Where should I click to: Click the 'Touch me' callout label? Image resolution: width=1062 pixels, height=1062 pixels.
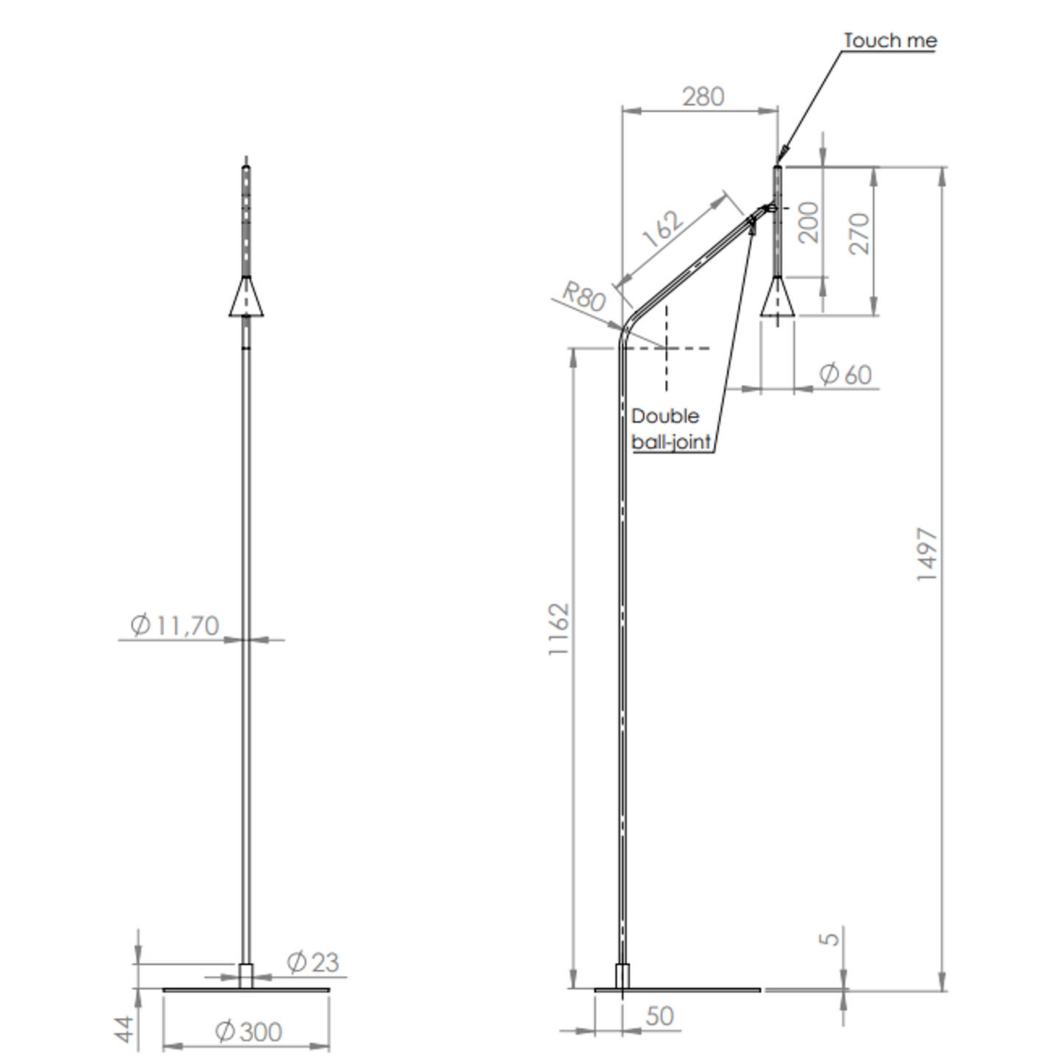coord(889,40)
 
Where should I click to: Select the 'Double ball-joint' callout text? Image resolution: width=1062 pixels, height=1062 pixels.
coord(670,428)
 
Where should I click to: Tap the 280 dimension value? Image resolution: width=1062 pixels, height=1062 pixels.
coord(703,97)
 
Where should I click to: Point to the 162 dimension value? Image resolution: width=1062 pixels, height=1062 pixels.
coord(663,228)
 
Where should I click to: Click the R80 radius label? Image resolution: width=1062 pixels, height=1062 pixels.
coord(584,296)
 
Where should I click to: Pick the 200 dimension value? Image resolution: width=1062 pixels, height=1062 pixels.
coord(808,223)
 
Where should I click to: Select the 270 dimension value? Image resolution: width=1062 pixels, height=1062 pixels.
coord(858,234)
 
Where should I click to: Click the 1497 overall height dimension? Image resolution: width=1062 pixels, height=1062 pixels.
coord(927,555)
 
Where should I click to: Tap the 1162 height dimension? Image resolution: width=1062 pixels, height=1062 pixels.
coord(559,629)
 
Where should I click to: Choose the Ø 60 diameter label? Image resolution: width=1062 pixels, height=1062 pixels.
coord(845,374)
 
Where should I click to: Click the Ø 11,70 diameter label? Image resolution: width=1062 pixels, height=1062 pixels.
coord(175,625)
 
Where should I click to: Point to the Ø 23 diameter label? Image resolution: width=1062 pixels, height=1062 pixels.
coord(312,962)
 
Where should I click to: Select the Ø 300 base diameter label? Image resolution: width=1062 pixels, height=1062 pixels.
coord(248,1032)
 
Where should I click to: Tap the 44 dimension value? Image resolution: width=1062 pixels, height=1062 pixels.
coord(126,1028)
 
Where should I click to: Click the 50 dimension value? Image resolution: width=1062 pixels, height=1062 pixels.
coord(659,1016)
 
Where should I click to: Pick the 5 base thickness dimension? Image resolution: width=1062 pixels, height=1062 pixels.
coord(828,939)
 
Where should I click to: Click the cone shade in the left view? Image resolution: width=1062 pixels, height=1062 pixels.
coord(246,298)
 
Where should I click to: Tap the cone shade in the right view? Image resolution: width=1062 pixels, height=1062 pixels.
coord(777,298)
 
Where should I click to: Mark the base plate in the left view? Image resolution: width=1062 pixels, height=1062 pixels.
coord(246,989)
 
